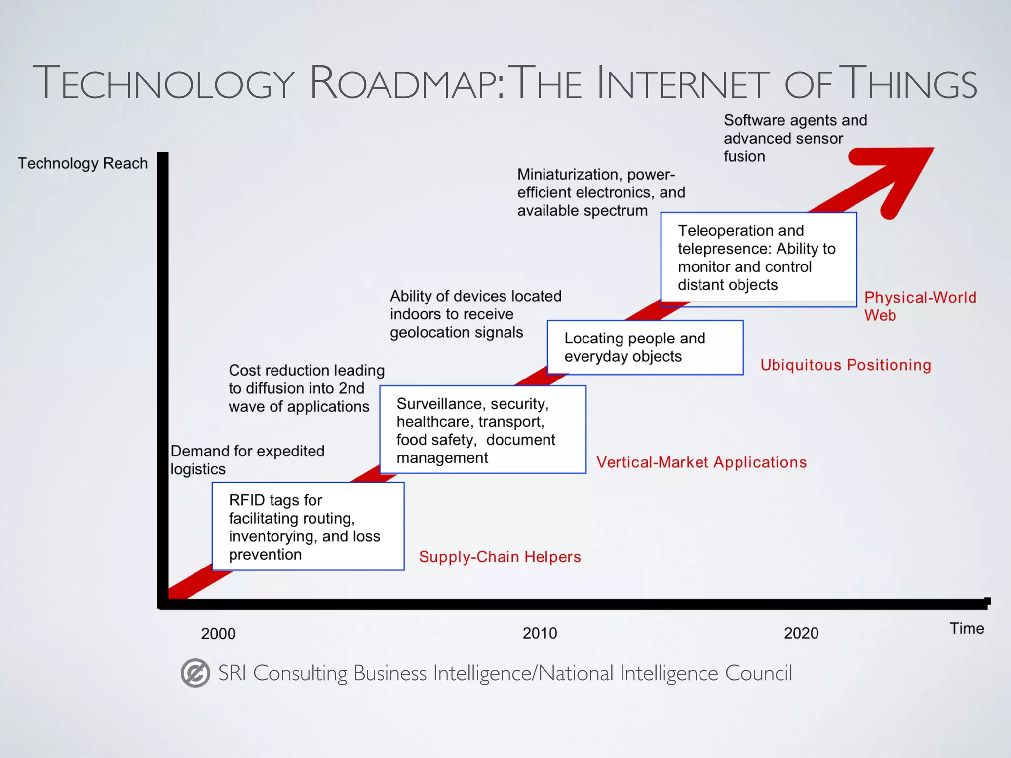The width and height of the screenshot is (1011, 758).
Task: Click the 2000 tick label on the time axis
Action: pos(218,633)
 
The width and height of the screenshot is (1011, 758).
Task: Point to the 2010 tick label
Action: pos(540,633)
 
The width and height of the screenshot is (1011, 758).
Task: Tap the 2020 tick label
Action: pos(801,633)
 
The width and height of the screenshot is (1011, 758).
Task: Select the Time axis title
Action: pos(967,628)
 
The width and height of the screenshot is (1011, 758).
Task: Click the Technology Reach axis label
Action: pos(82,163)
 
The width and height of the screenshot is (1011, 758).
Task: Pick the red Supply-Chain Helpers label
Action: pos(500,557)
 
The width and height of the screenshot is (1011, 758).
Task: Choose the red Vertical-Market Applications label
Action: pos(701,462)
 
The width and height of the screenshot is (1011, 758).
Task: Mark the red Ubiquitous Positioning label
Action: pos(845,365)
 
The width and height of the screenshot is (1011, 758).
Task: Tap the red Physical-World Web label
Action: pos(920,306)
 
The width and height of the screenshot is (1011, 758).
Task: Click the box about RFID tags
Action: pos(308,527)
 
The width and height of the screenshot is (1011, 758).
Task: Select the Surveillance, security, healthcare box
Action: pos(482,430)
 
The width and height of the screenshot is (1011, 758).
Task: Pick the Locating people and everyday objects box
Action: pos(645,347)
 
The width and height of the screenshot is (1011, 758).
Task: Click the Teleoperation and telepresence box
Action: pos(758,259)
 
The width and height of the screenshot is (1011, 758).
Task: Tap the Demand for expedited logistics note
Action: pos(247,459)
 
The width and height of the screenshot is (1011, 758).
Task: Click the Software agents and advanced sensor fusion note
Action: pos(795,138)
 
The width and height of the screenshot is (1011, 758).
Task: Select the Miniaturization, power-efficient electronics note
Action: pos(601,192)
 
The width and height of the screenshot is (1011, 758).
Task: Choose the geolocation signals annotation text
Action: pos(475,314)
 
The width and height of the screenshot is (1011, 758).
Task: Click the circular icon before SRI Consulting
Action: pos(195,673)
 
